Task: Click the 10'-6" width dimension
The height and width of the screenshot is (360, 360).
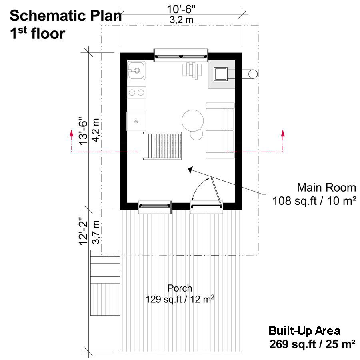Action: pyautogui.click(x=181, y=10)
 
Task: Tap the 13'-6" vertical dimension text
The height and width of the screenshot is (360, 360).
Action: pyautogui.click(x=83, y=131)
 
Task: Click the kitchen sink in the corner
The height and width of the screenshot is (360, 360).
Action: pyautogui.click(x=136, y=70)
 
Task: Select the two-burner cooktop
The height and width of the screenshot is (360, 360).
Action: pyautogui.click(x=136, y=92)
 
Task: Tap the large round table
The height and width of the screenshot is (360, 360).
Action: pyautogui.click(x=193, y=120)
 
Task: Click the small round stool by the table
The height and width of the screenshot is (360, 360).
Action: pyautogui.click(x=196, y=134)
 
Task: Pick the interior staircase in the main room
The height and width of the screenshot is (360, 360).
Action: pyautogui.click(x=162, y=146)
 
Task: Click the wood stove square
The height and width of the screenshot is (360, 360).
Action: pyautogui.click(x=221, y=74)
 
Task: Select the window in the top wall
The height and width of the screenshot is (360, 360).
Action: pyautogui.click(x=181, y=55)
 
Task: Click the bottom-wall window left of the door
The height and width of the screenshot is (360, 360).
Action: pyautogui.click(x=154, y=207)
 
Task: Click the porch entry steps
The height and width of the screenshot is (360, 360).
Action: pyautogui.click(x=105, y=266)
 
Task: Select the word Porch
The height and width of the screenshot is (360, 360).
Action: pyautogui.click(x=180, y=288)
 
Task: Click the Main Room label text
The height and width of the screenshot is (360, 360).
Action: pyautogui.click(x=326, y=188)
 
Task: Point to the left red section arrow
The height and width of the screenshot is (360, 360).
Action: pyautogui.click(x=72, y=141)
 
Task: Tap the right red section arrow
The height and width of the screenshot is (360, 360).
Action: pyautogui.click(x=283, y=141)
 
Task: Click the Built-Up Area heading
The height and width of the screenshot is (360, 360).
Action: pyautogui.click(x=304, y=331)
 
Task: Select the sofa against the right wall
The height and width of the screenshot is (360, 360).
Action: pyautogui.click(x=220, y=130)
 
